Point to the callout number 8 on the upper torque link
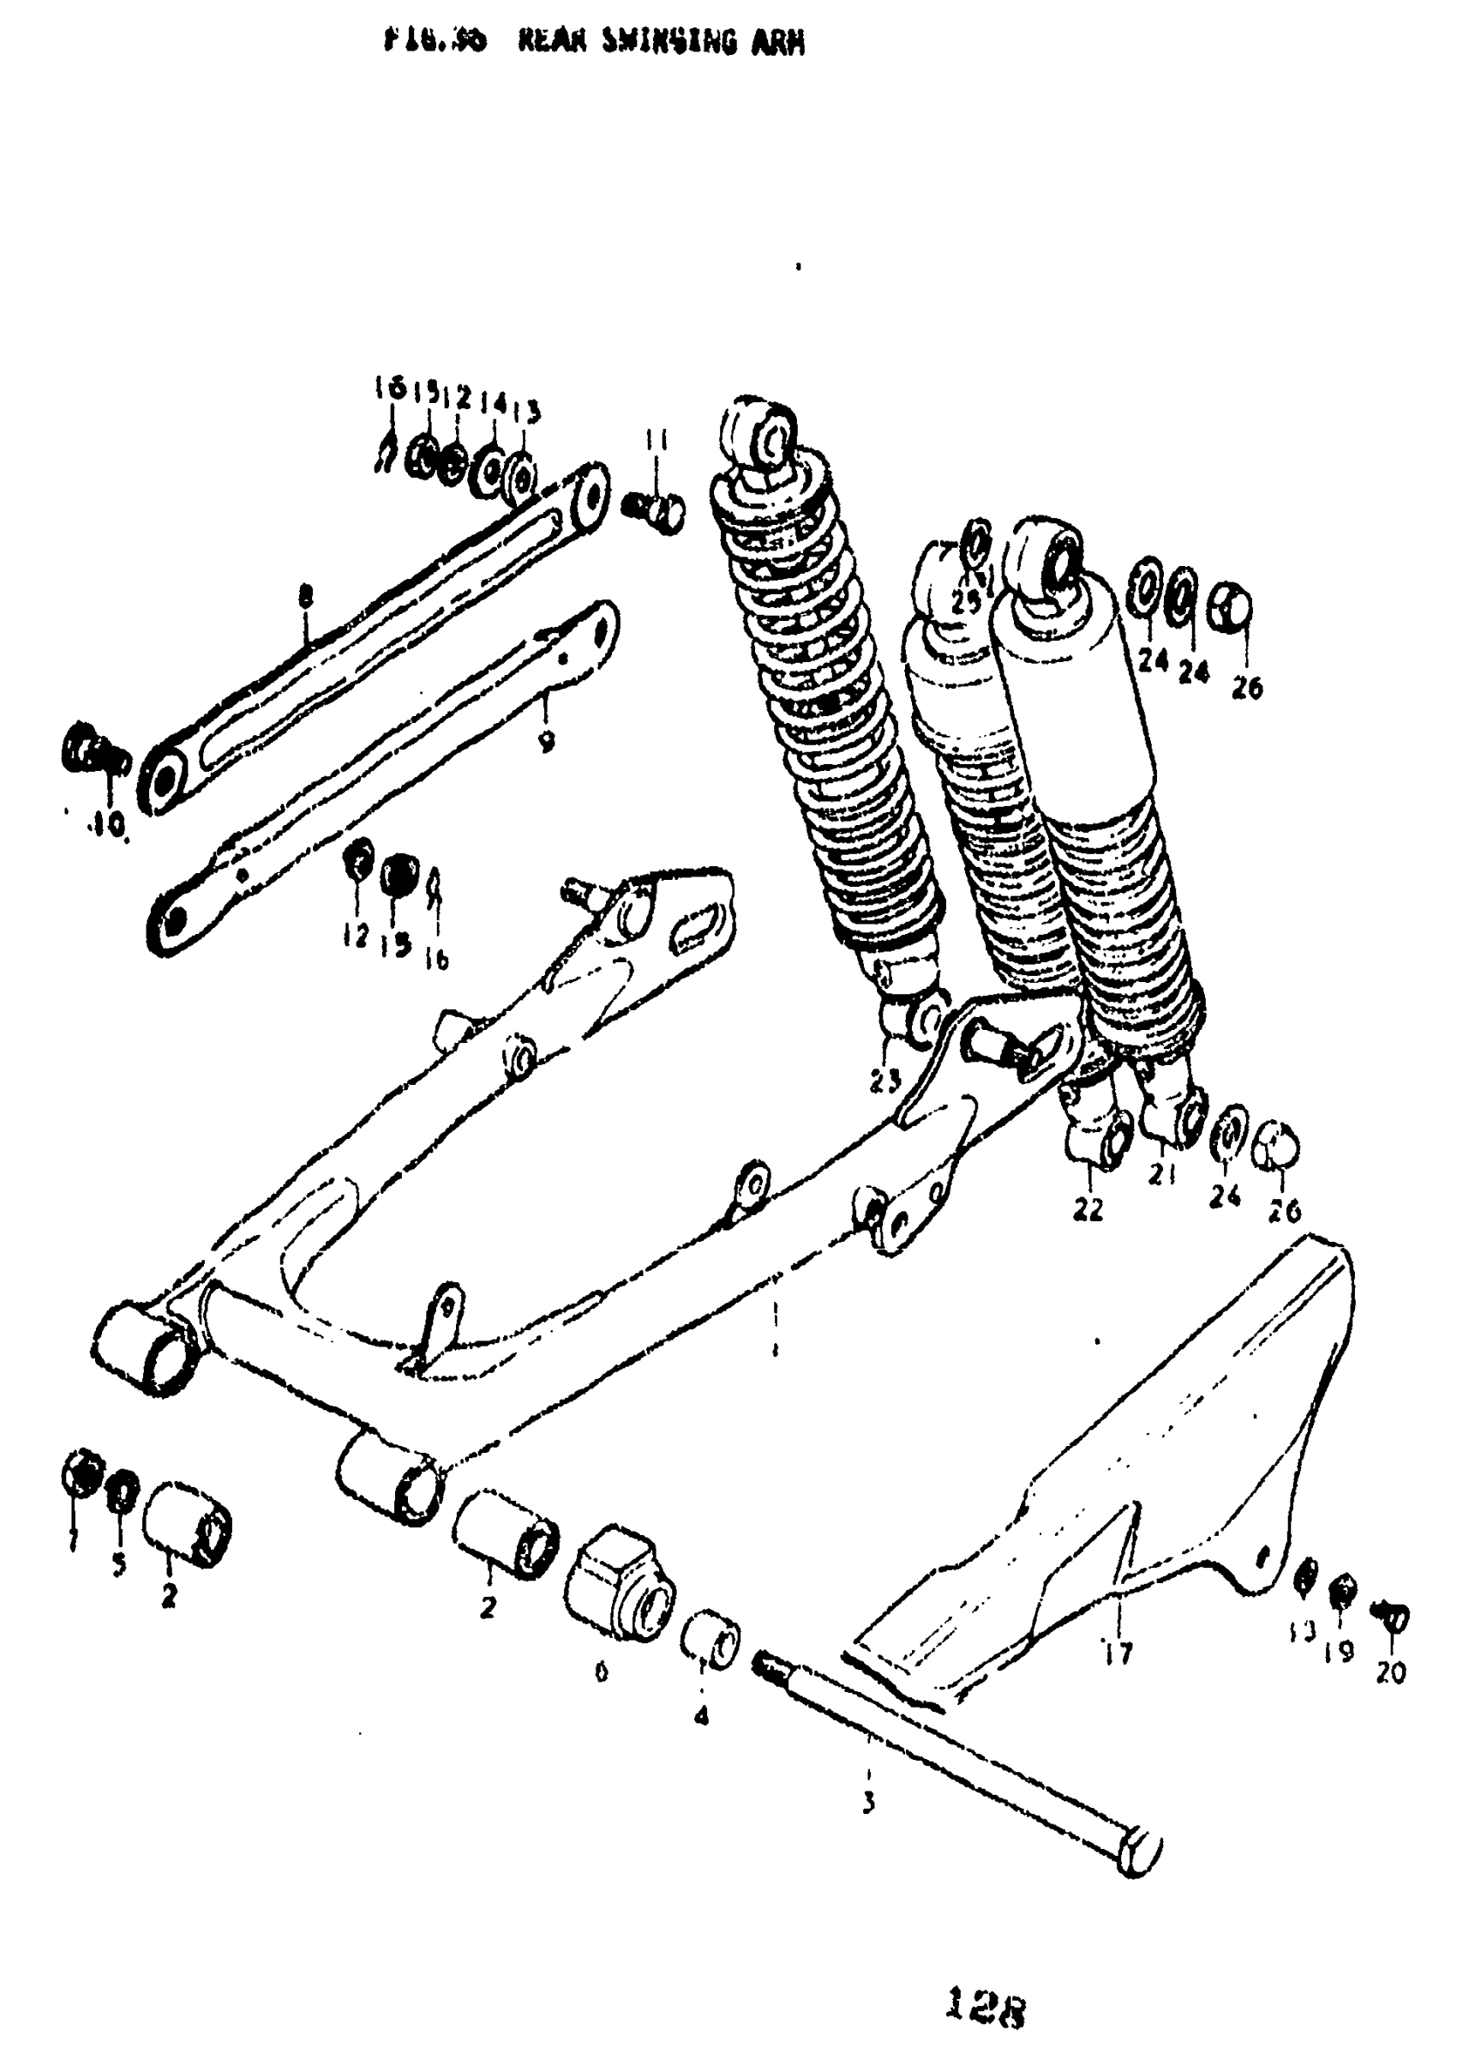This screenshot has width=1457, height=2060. point(306,593)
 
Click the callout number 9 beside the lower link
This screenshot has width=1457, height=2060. point(547,742)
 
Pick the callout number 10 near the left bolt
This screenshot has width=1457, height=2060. point(108,824)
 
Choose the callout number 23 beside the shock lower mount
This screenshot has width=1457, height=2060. point(884,1082)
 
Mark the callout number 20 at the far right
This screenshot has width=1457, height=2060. point(1391,1673)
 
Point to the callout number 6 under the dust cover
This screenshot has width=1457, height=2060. point(600,1671)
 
